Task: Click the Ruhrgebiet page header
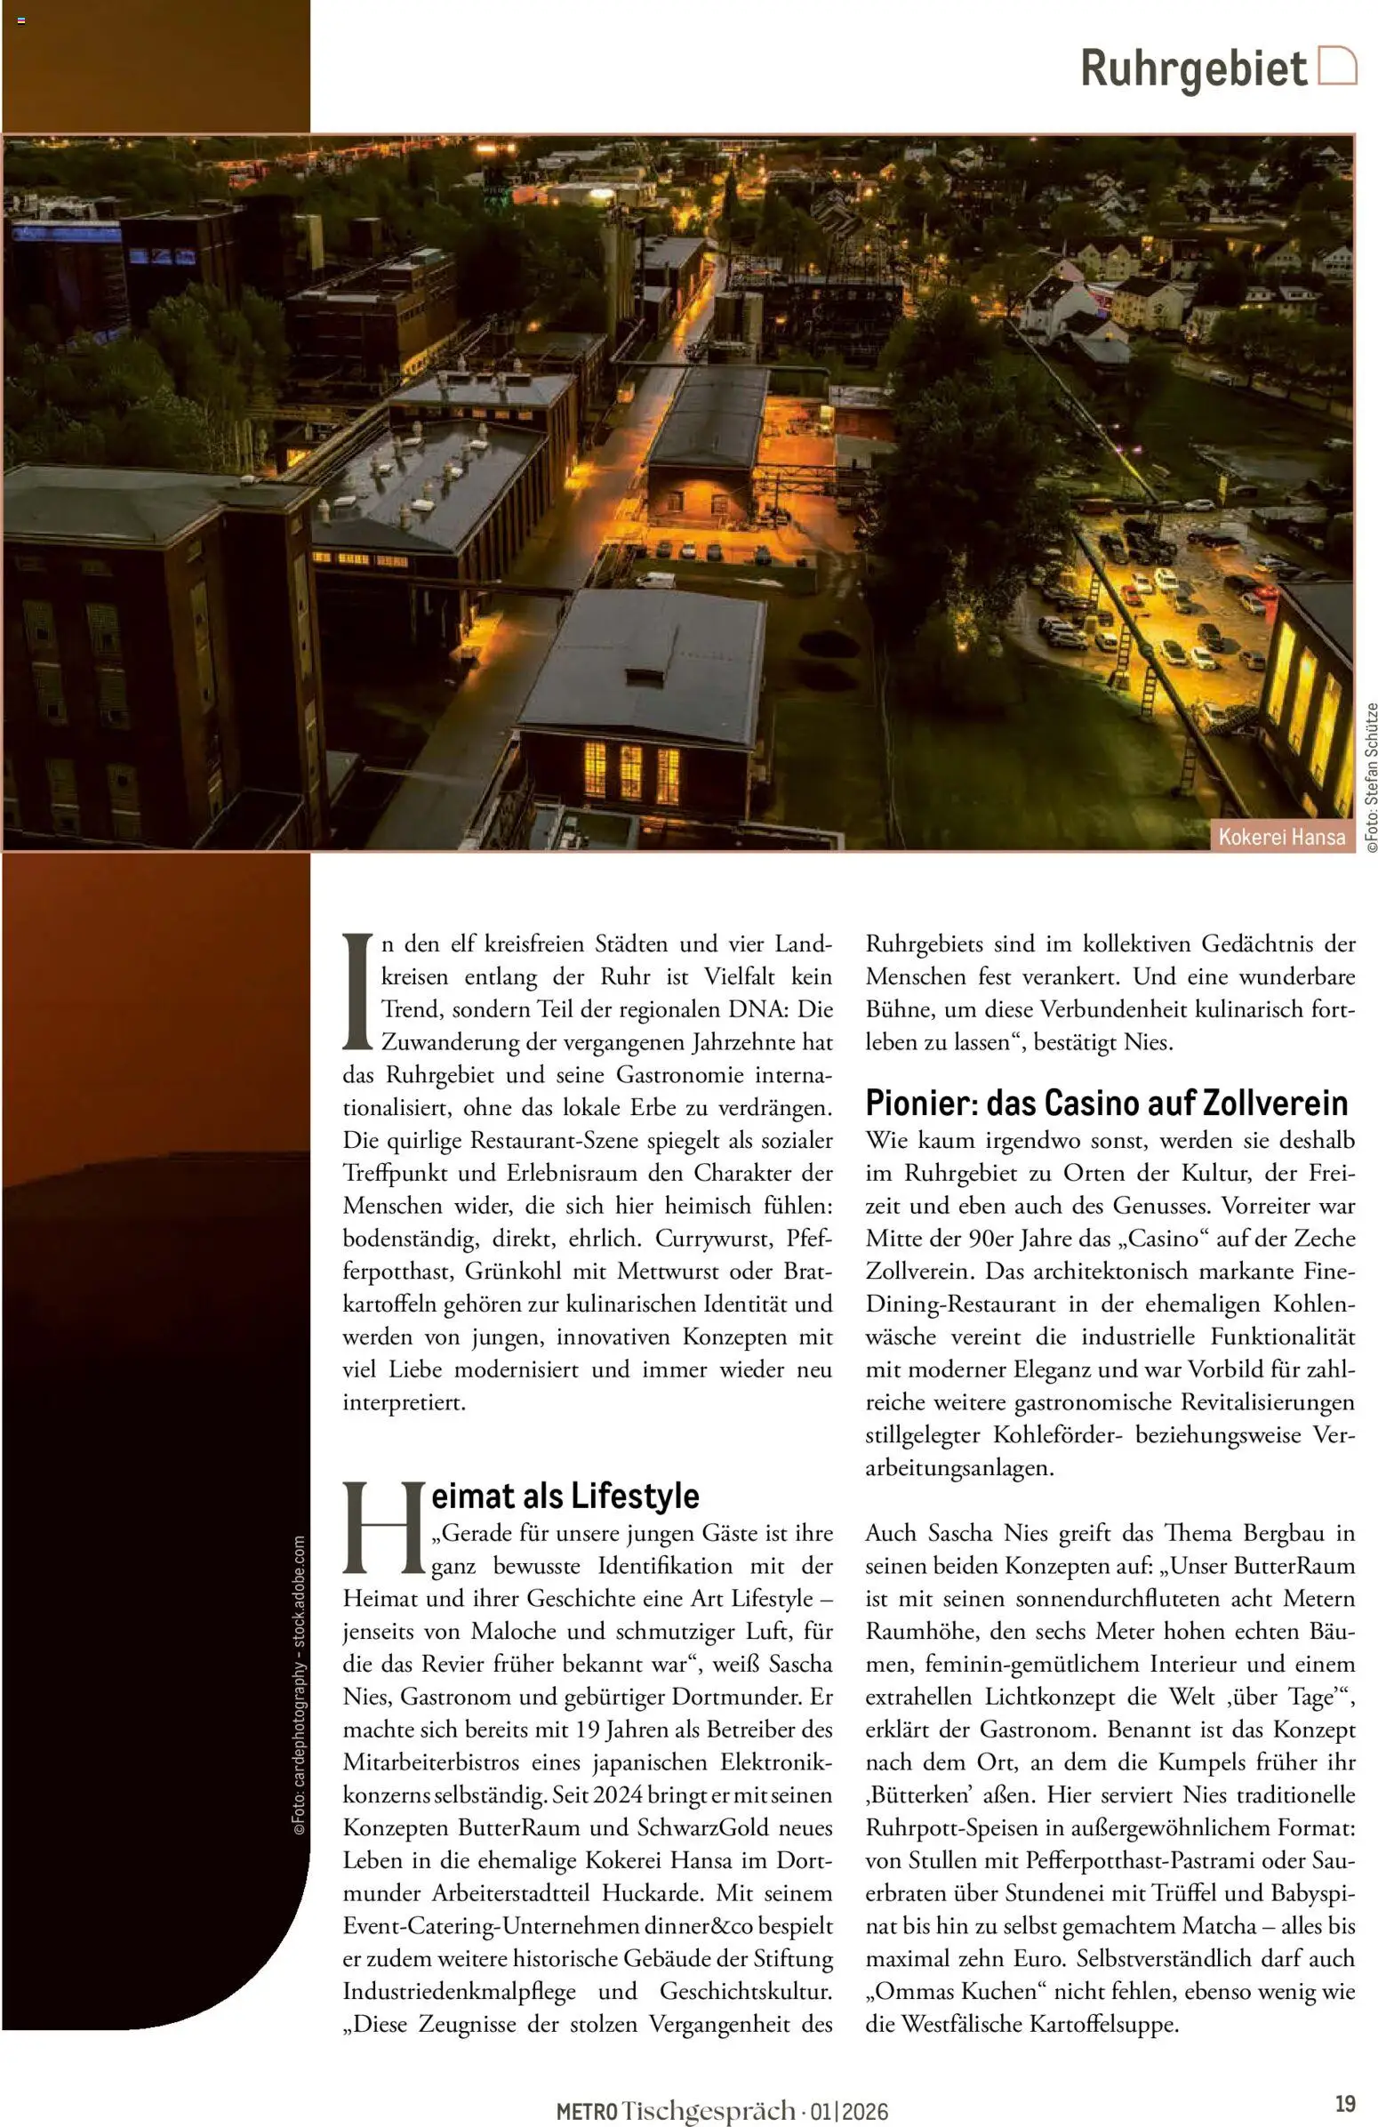point(1192,68)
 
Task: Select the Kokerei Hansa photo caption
point(1281,837)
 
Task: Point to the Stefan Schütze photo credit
point(1371,776)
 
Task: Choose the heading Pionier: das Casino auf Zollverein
point(1105,1103)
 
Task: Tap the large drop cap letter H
point(382,1529)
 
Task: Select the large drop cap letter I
point(357,992)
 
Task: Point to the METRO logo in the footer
point(586,2112)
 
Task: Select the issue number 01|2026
point(850,2112)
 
